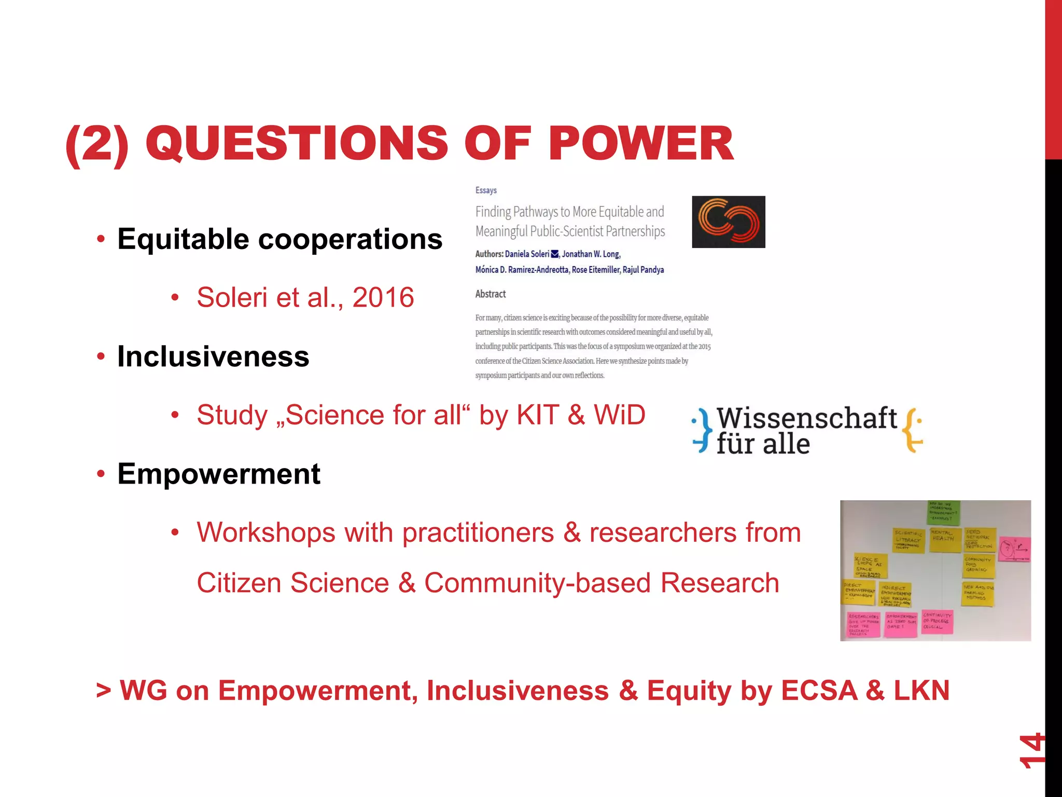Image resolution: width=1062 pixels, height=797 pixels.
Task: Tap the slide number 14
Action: (1031, 750)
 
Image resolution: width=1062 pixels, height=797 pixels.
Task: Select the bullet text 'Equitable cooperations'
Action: (280, 239)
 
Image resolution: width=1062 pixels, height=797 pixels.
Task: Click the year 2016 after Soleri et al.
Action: (383, 298)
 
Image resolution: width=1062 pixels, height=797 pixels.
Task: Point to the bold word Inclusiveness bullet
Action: (213, 357)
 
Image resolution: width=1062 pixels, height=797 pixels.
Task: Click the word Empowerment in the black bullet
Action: (219, 474)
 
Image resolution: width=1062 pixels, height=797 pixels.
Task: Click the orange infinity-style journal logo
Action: (728, 222)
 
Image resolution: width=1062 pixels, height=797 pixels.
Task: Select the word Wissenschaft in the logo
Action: (806, 418)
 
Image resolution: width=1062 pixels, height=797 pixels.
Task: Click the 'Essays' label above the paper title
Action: (486, 190)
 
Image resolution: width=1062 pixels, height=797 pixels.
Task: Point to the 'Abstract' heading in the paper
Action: (490, 294)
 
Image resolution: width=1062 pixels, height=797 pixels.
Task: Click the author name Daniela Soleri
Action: (527, 254)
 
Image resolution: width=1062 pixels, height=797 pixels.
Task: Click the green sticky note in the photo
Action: (944, 512)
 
